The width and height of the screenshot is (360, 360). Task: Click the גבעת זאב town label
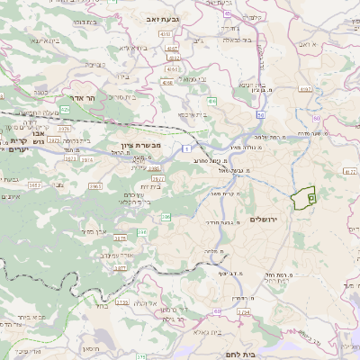click(x=158, y=16)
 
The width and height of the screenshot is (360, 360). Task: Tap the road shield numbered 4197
click(x=306, y=90)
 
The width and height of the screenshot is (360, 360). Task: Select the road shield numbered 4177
click(x=350, y=169)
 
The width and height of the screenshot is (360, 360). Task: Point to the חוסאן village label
click(x=90, y=347)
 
